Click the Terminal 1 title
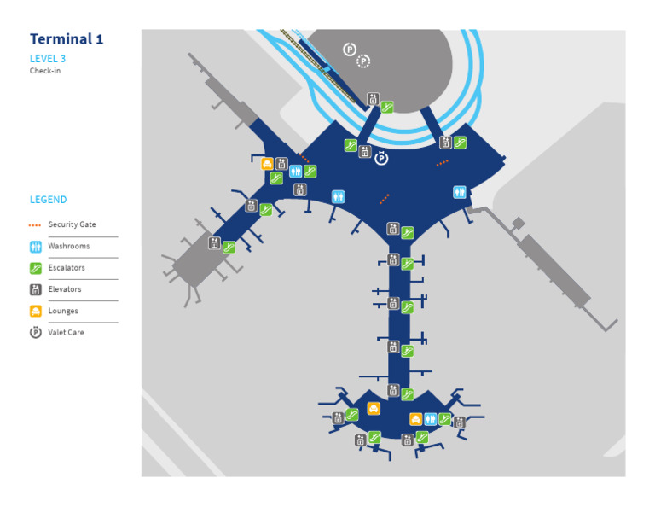point(67,39)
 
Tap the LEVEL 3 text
point(48,59)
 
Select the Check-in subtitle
point(45,71)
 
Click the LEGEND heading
point(48,200)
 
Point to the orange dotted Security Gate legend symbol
point(35,225)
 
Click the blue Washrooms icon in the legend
point(35,247)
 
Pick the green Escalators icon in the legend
point(35,268)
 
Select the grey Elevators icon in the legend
point(35,289)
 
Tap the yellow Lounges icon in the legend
point(35,311)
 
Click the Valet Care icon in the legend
point(35,333)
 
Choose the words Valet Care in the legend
point(67,333)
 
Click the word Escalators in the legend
point(67,268)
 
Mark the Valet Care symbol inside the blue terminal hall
point(382,158)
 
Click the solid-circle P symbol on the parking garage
point(349,50)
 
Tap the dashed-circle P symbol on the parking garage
point(363,61)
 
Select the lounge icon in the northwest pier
point(267,164)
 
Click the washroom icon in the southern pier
point(431,419)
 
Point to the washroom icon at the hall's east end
point(460,192)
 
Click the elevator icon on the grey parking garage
point(373,99)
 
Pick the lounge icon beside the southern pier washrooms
point(415,419)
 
